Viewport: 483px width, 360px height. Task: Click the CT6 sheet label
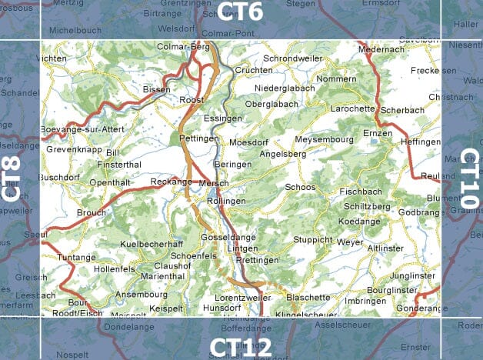[x=241, y=11]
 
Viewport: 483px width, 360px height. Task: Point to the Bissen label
[x=156, y=90]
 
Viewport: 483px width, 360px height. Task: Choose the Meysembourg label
[x=323, y=139]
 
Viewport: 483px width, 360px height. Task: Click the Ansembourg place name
[x=141, y=294]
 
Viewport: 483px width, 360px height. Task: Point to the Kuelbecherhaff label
[x=152, y=244]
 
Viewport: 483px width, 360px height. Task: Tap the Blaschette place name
[x=308, y=297]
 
